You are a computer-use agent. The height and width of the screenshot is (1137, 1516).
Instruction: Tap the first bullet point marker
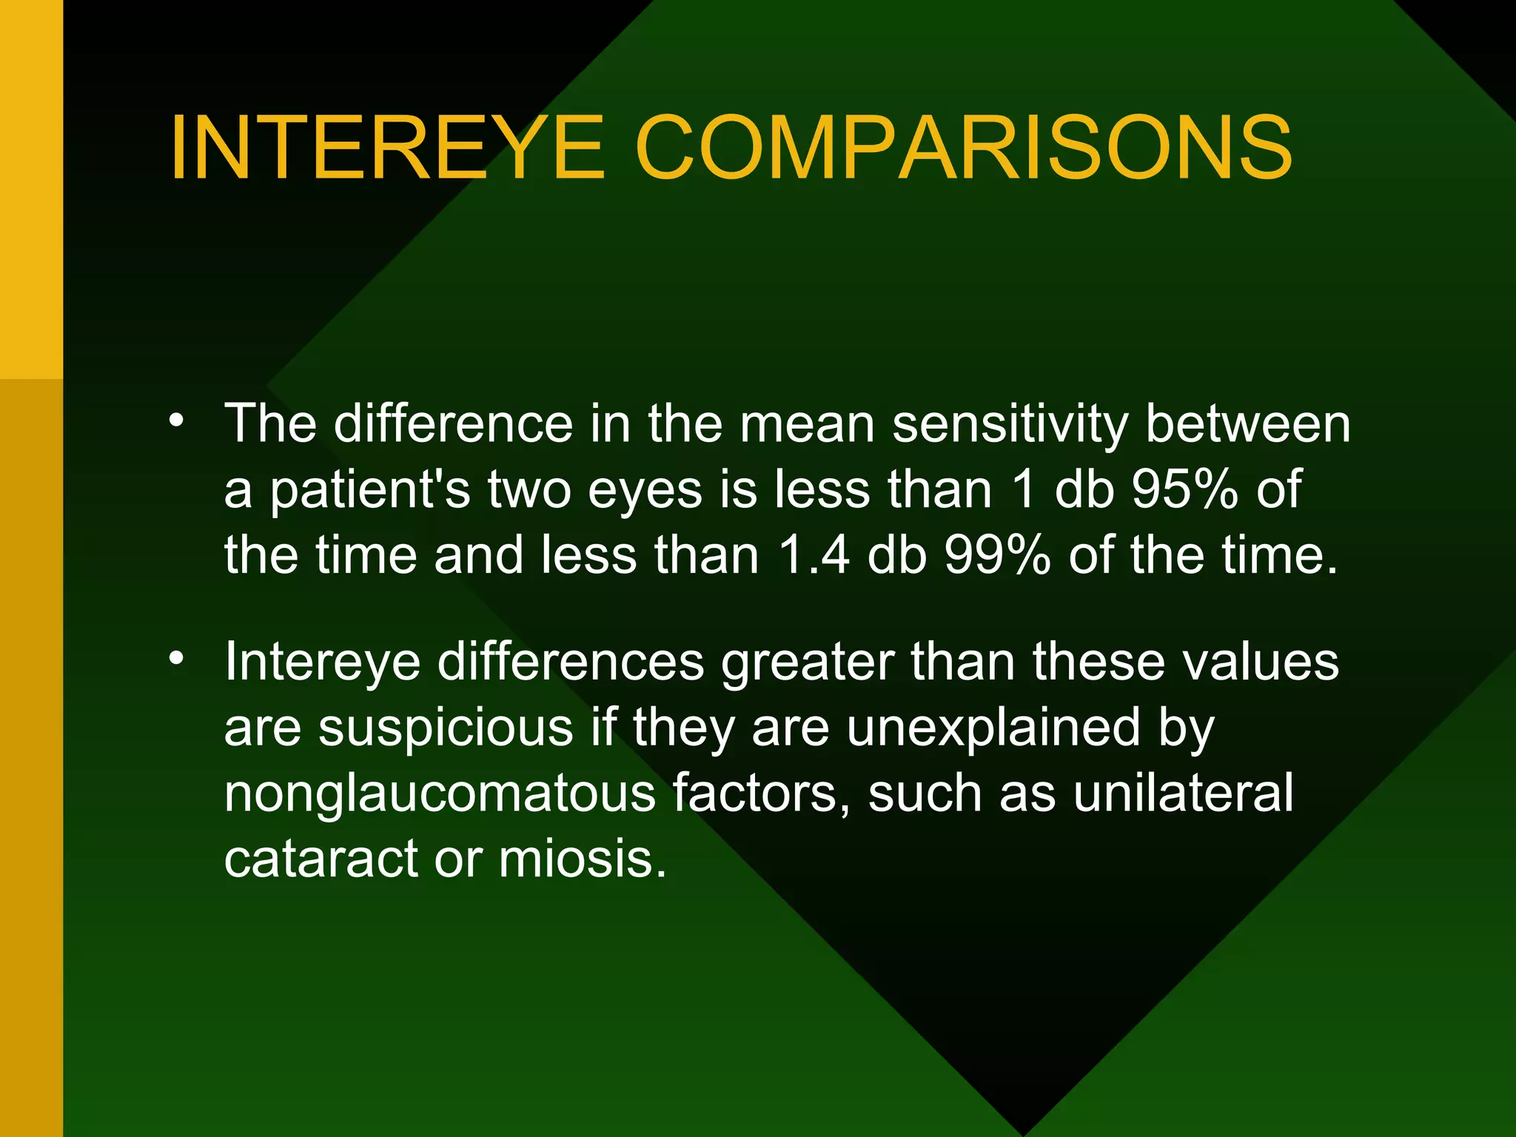[x=175, y=420]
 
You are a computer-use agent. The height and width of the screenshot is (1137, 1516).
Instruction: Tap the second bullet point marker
[x=175, y=658]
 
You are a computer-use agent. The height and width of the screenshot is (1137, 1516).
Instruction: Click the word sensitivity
[x=1010, y=425]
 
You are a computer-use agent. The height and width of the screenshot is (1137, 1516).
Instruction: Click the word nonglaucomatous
[x=440, y=794]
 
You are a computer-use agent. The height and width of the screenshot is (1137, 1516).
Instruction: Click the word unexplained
[x=993, y=728]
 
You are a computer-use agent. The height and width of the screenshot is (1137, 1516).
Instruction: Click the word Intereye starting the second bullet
[x=322, y=663]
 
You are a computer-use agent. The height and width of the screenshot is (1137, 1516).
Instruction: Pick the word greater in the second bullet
[x=808, y=663]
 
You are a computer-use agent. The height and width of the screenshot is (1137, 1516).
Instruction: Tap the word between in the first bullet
[x=1247, y=425]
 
